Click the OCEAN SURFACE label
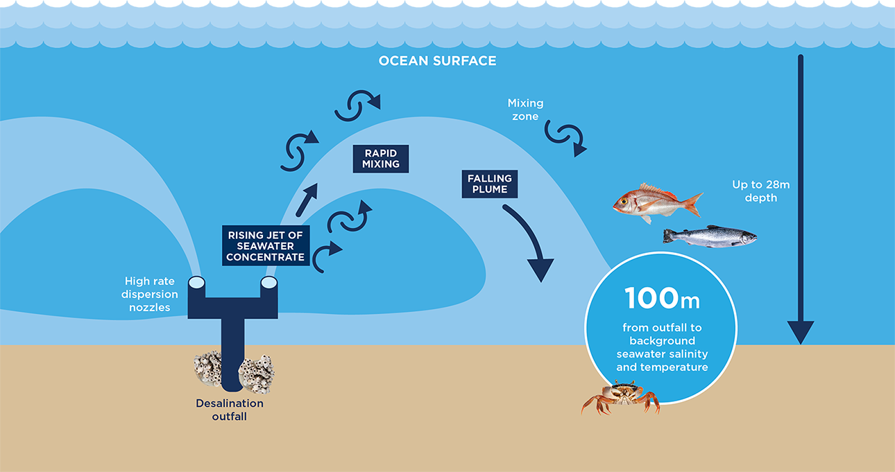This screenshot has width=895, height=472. tap(438, 60)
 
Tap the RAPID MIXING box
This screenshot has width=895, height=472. tap(381, 159)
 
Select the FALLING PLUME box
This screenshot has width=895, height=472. tap(490, 184)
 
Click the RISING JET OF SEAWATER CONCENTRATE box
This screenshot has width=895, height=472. tap(266, 246)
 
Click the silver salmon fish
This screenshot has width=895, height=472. tap(710, 236)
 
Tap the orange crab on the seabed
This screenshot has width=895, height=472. tap(620, 396)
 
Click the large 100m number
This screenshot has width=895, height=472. tap(662, 298)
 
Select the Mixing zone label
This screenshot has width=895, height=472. tap(525, 110)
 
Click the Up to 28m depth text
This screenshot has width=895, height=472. tap(760, 191)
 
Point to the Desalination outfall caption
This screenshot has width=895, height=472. tap(230, 410)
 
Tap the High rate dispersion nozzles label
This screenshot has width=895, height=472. tap(149, 294)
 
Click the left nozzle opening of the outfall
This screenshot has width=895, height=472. tap(196, 283)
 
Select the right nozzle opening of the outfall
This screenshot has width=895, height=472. tap(269, 283)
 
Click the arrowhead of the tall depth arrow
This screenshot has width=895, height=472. tap(801, 332)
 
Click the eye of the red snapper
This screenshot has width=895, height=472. tap(624, 202)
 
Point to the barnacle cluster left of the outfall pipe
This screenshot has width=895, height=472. tap(208, 369)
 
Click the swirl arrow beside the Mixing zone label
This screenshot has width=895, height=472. tap(565, 137)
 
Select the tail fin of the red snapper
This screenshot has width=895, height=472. tap(694, 204)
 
